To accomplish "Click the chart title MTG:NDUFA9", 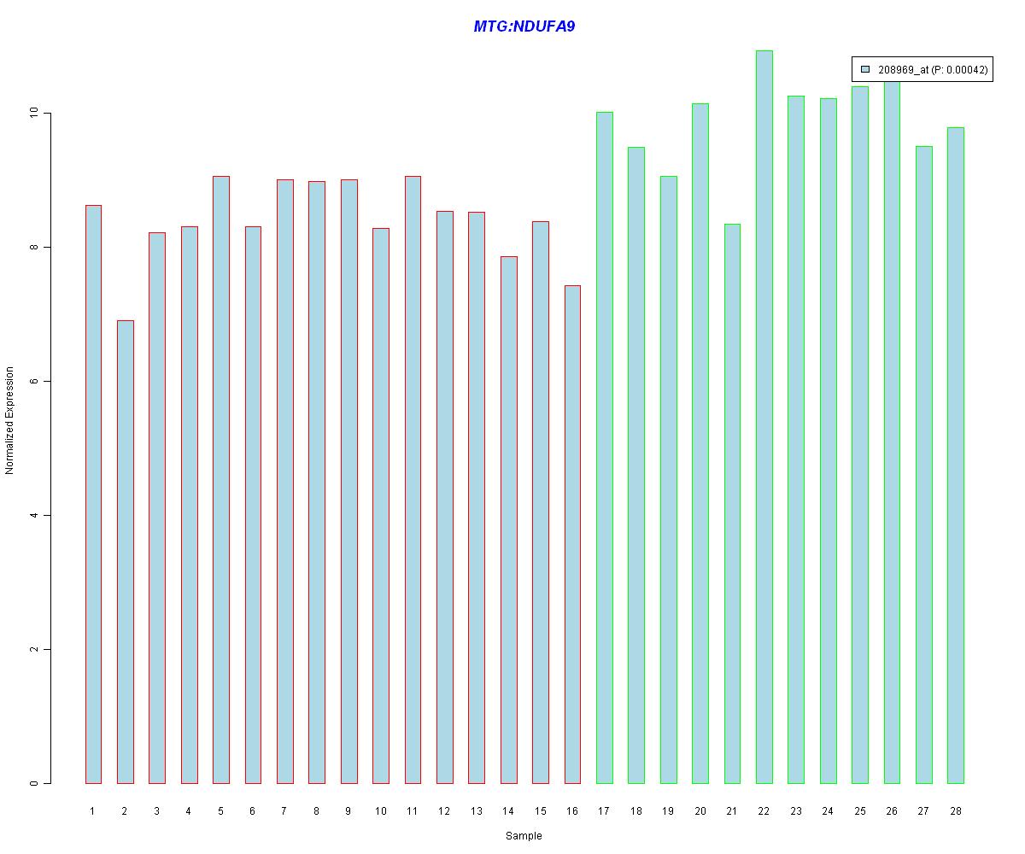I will point(524,26).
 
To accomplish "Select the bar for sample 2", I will point(125,552).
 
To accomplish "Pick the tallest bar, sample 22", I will point(764,417).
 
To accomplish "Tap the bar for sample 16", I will point(572,534).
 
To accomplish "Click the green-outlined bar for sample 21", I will point(732,504).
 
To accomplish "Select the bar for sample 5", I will point(220,479).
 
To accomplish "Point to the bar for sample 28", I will point(955,455).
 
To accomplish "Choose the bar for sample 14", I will point(508,519).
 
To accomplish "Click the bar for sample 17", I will point(604,447).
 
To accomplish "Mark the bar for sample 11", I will point(412,479).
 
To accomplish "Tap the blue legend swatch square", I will point(865,70).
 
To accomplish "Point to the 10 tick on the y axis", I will point(35,114).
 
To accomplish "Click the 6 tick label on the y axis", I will point(35,382).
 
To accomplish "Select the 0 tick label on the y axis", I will point(35,783).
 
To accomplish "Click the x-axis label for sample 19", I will point(668,811).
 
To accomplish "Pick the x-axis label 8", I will point(316,811).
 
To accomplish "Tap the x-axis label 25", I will point(859,811).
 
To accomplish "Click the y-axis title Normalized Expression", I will point(10,420).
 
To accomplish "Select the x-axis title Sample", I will point(524,836).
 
